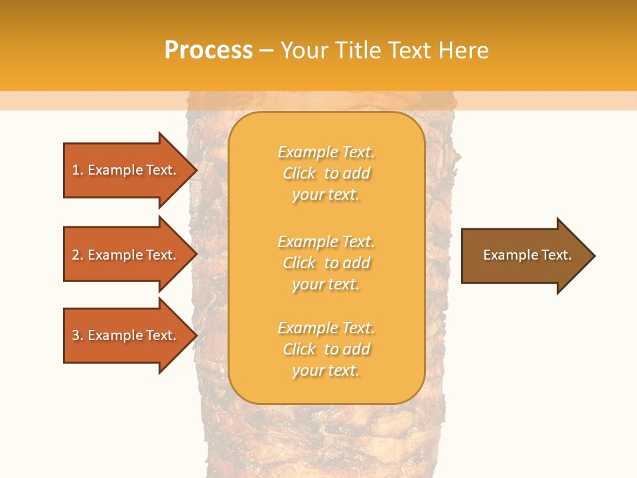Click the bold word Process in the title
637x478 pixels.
(208, 50)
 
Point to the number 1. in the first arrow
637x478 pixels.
(78, 170)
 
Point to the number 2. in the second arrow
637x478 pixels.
(78, 255)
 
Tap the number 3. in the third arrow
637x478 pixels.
(78, 335)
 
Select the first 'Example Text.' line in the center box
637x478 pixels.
(326, 152)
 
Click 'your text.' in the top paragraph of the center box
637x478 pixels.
(326, 195)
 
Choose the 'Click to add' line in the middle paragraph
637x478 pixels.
(326, 263)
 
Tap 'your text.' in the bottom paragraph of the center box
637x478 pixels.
(326, 371)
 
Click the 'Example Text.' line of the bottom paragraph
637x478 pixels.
(326, 328)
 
